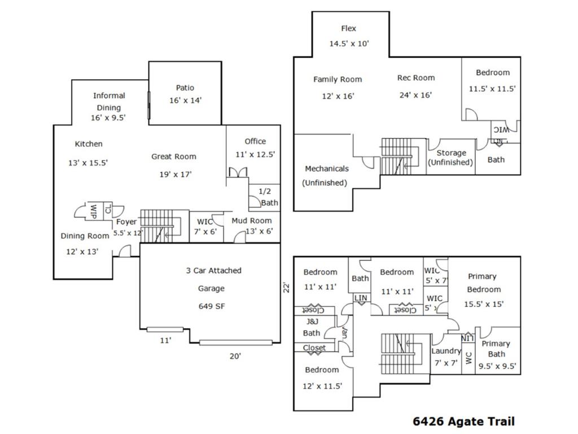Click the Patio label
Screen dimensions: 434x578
pyautogui.click(x=185, y=88)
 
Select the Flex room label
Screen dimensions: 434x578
pyautogui.click(x=348, y=28)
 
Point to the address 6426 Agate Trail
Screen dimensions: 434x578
pyautogui.click(x=463, y=421)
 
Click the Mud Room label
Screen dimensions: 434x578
pyautogui.click(x=251, y=220)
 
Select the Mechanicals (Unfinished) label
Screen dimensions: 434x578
pyautogui.click(x=326, y=175)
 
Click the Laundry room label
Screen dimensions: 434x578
pyautogui.click(x=446, y=351)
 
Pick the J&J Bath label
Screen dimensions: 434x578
pyautogui.click(x=311, y=327)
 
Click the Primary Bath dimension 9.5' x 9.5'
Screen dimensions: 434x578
pyautogui.click(x=497, y=366)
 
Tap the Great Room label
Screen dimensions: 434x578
pyautogui.click(x=174, y=157)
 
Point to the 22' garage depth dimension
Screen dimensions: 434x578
pyautogui.click(x=286, y=288)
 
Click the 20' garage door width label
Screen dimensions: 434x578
pyautogui.click(x=235, y=356)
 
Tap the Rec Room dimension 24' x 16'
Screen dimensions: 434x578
pyautogui.click(x=415, y=95)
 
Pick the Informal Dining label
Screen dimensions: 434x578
pyautogui.click(x=109, y=101)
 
